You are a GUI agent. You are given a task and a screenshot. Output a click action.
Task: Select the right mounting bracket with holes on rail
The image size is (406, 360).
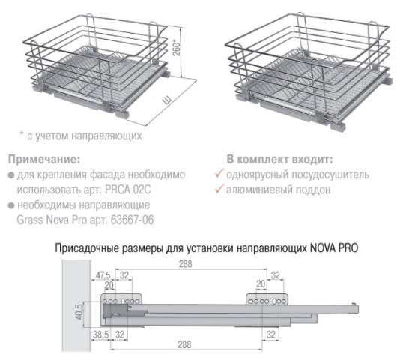click(x=266, y=297)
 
